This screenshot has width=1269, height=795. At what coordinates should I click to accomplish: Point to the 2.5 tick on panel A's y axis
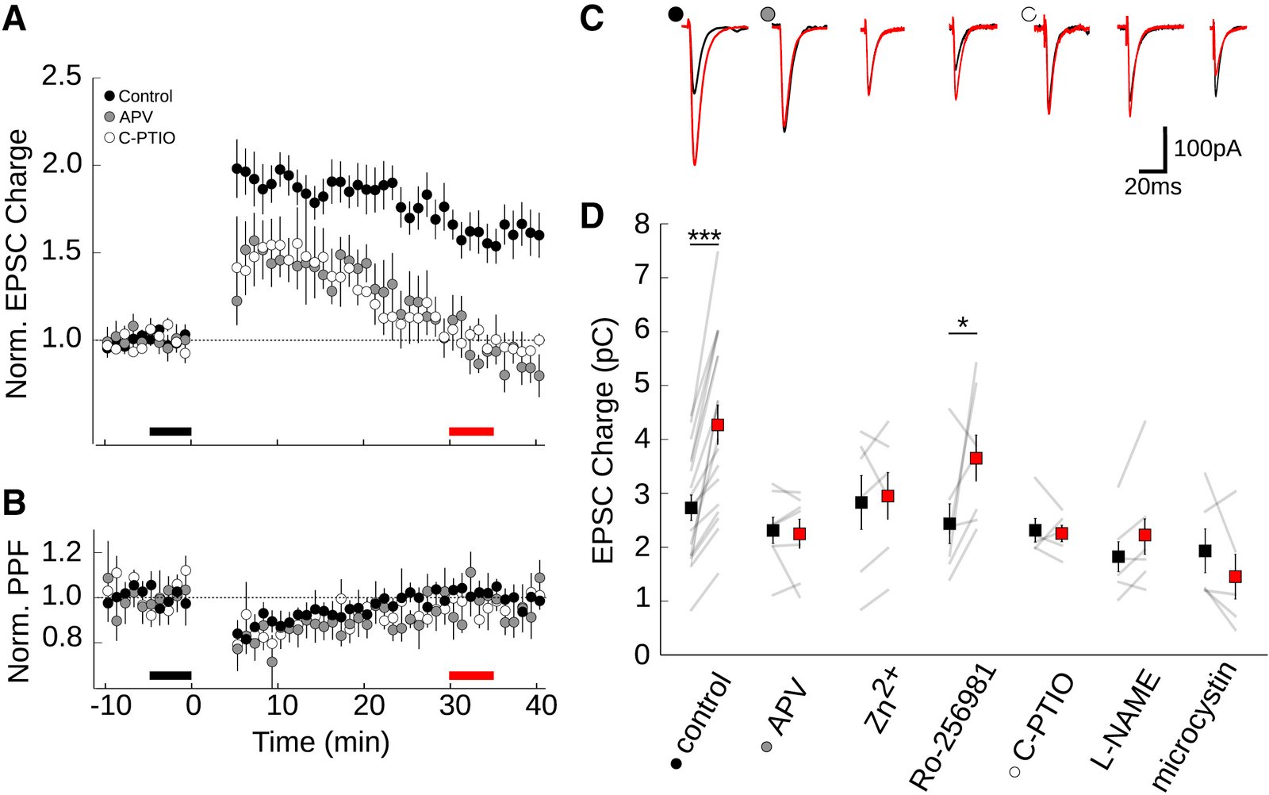click(61, 77)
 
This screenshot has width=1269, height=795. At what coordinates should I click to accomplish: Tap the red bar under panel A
click(471, 431)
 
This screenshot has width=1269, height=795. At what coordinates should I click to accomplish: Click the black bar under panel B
click(171, 675)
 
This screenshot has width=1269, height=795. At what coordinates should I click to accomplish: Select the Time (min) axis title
click(321, 742)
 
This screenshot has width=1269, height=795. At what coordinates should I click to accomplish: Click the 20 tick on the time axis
click(368, 705)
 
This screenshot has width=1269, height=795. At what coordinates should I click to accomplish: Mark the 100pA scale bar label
click(1207, 148)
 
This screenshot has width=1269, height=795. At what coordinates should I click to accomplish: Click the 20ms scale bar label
click(1152, 187)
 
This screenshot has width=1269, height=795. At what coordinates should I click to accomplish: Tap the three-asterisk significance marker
click(704, 236)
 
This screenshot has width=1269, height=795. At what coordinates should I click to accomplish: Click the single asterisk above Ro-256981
click(963, 323)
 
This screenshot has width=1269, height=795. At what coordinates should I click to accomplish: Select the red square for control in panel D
click(718, 424)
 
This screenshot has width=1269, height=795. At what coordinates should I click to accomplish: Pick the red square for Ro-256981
click(976, 458)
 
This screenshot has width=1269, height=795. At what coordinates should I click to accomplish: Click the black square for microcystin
click(1205, 550)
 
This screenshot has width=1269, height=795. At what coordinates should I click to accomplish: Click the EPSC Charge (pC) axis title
click(604, 440)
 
